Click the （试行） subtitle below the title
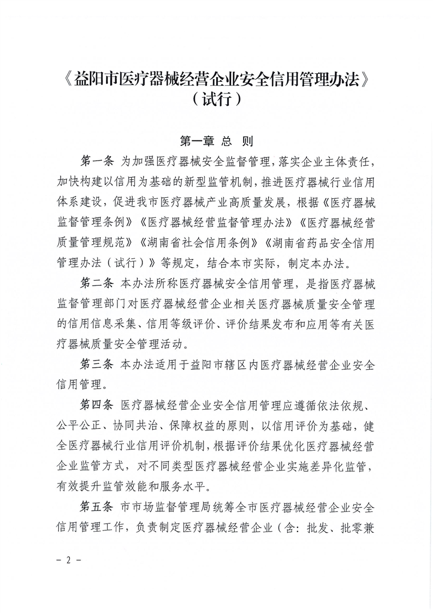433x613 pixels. [x=216, y=102]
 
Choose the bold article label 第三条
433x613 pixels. [x=96, y=363]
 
